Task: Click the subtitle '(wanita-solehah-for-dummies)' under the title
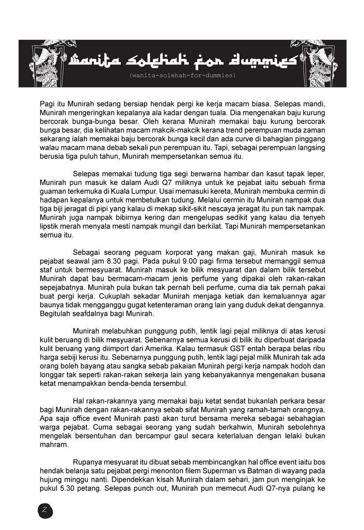point(183,76)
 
